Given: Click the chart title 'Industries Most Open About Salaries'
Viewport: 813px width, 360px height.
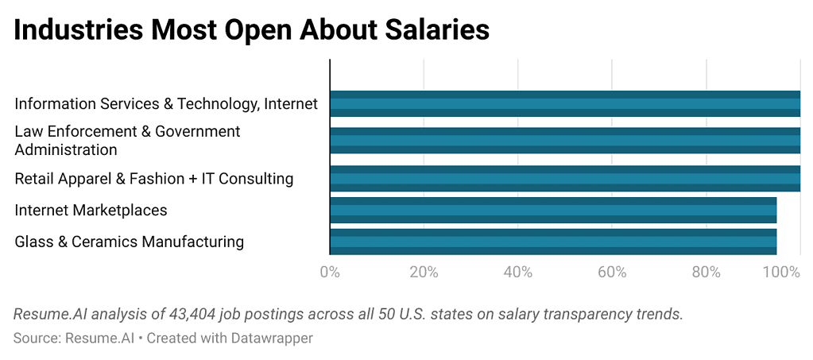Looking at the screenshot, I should [x=251, y=30].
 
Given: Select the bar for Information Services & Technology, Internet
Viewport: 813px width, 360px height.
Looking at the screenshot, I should [x=565, y=103].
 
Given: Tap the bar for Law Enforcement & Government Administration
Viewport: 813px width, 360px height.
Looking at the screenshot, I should [x=565, y=140].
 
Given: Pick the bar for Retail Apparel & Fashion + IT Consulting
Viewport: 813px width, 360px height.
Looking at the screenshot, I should [x=565, y=178].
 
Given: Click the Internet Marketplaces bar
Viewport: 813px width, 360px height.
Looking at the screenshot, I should [x=553, y=210].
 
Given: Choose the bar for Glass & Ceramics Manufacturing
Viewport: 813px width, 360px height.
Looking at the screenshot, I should [x=553, y=242].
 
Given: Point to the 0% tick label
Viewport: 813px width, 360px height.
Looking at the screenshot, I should [x=330, y=273].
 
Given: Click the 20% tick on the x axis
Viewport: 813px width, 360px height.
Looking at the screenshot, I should [x=424, y=273].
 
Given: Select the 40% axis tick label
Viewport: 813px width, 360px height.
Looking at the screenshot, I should [x=517, y=273].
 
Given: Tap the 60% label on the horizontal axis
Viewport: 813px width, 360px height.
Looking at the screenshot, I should [x=612, y=273].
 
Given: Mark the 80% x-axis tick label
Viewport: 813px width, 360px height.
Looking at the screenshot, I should [x=706, y=273].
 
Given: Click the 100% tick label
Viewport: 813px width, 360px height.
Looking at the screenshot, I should [x=782, y=273].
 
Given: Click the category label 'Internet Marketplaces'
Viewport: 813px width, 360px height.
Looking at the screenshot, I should [x=91, y=210].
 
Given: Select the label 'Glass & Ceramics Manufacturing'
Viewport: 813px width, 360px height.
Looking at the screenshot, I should [x=129, y=242].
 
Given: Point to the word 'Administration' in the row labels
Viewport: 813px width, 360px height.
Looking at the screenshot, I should [x=66, y=149].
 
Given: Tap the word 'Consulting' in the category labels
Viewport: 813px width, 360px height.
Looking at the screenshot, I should [x=258, y=179].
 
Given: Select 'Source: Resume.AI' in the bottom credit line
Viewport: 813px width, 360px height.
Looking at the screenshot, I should [x=73, y=338].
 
